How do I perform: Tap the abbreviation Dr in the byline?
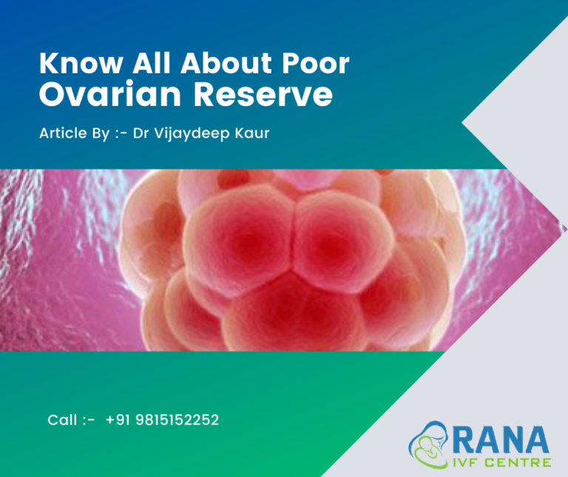click(141, 136)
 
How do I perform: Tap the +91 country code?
click(118, 420)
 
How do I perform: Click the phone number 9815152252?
click(177, 420)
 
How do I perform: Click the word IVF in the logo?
click(467, 462)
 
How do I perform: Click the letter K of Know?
click(48, 64)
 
